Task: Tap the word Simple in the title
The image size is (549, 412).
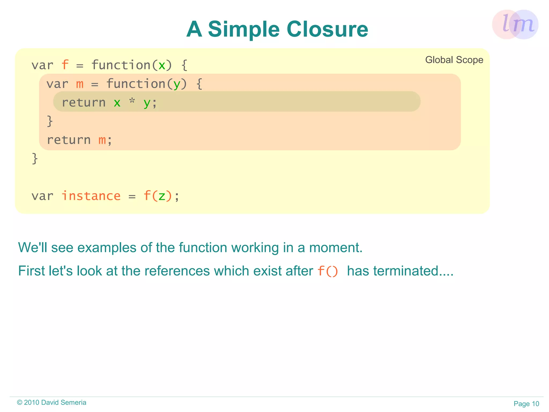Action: tap(244, 30)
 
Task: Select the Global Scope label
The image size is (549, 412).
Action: tap(454, 60)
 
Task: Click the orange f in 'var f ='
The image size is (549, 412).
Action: tap(65, 65)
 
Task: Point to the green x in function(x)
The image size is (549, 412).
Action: tap(162, 66)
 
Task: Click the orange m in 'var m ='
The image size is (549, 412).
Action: tap(80, 84)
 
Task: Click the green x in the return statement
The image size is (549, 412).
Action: tap(117, 103)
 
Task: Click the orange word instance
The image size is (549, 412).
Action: tap(91, 196)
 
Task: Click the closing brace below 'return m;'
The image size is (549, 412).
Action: tap(35, 158)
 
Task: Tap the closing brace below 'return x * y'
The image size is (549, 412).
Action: tap(50, 121)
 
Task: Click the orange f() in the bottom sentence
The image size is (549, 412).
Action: tap(328, 271)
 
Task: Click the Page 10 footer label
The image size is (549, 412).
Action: tap(526, 404)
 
